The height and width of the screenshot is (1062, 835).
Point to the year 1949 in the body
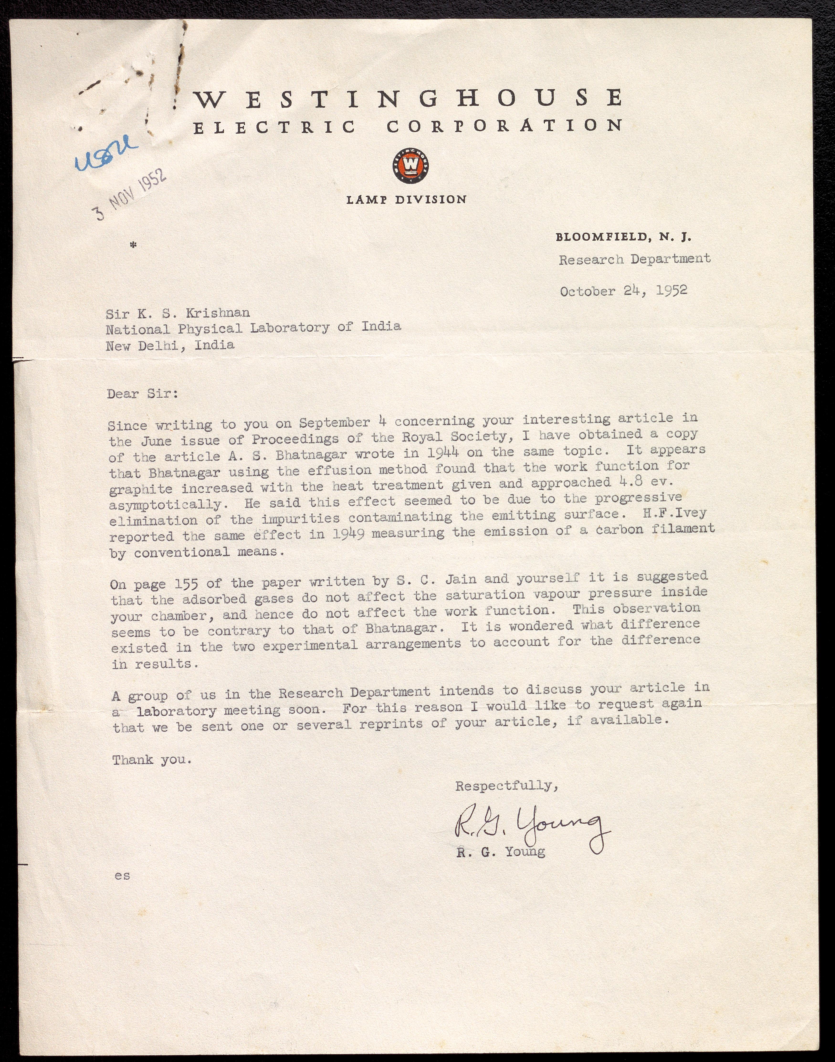348,534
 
